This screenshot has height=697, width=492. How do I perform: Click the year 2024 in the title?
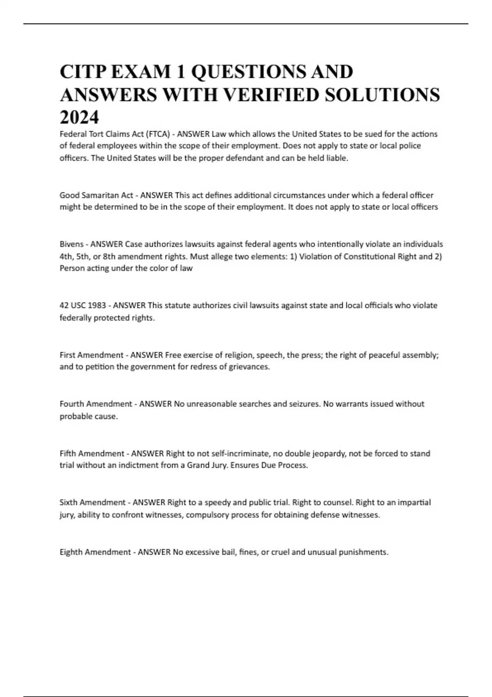click(x=79, y=118)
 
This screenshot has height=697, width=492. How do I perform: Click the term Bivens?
click(x=71, y=244)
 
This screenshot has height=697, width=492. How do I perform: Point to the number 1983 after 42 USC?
click(x=97, y=305)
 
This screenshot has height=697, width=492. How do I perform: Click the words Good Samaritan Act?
click(x=96, y=195)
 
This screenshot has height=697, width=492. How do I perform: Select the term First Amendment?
click(x=91, y=355)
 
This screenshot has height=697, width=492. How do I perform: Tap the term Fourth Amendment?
click(x=96, y=404)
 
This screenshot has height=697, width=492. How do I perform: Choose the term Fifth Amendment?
click(x=92, y=453)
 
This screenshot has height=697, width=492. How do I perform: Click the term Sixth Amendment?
click(x=93, y=502)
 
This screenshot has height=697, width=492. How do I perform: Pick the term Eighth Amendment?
click(x=95, y=552)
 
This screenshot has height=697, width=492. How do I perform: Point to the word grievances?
click(x=249, y=367)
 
